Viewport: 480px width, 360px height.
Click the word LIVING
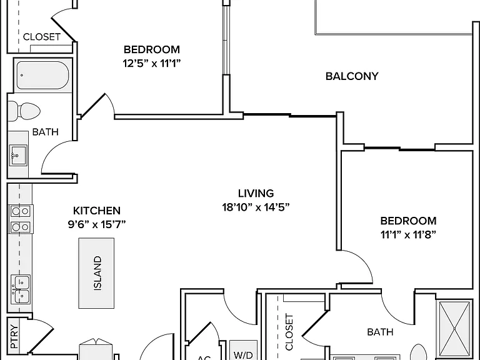256,193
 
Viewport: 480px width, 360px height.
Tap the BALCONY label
352,76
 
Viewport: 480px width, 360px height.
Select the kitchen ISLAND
96,273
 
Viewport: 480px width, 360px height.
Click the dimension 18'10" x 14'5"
256,207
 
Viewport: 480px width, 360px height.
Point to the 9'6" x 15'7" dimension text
97,224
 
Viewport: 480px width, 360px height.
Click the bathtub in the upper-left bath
42,75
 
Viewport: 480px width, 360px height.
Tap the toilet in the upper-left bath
24,111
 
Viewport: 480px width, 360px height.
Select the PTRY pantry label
14,336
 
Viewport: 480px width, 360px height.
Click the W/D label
243,355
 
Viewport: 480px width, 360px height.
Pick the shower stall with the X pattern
454,329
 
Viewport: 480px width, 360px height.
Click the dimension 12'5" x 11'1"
152,63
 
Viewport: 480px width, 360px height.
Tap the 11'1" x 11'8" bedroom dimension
408,234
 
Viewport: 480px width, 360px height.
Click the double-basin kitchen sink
21,289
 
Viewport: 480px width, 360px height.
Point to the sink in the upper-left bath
18,155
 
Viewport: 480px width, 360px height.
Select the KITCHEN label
97,211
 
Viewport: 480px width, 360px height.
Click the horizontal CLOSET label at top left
42,37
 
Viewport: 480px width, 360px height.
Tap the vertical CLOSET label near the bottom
289,332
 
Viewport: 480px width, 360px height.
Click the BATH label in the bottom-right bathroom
380,332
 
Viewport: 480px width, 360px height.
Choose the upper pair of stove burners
21,211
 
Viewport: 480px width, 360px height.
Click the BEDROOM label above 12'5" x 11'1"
152,49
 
